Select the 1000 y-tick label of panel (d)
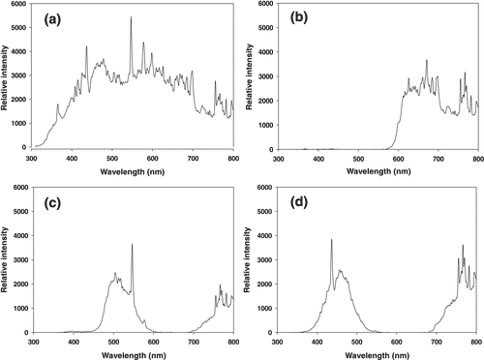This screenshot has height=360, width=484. tap(263, 309)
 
